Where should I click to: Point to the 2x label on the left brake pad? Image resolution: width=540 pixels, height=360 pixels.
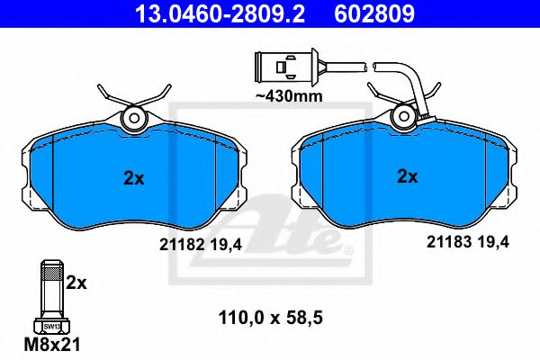click(x=133, y=178)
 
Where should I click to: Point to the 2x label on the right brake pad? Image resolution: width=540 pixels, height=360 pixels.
click(x=408, y=177)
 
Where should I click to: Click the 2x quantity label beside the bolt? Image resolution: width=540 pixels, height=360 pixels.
click(x=76, y=283)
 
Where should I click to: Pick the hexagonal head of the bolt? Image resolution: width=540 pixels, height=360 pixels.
click(x=51, y=327)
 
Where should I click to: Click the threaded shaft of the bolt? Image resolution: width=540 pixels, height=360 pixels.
click(x=51, y=292)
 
